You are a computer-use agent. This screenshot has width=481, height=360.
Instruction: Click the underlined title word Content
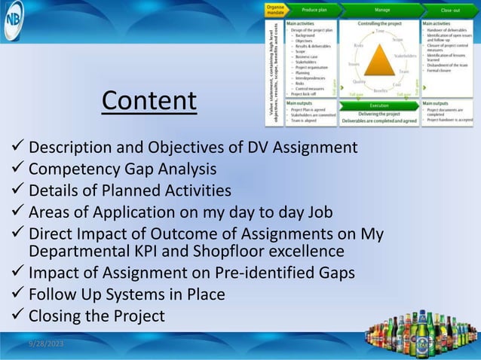[x=149, y=100]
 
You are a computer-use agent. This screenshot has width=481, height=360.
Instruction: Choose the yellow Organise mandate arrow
[x=275, y=9]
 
